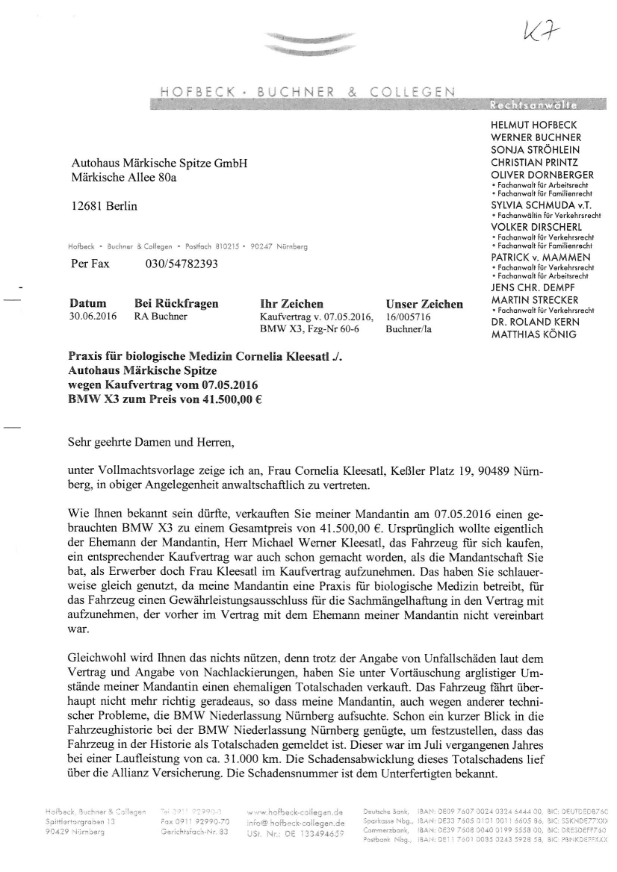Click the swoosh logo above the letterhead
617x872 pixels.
pos(285,43)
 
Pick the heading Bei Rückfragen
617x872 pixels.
pos(176,304)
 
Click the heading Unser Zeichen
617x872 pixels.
pos(424,304)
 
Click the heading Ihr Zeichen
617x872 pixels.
pos(291,304)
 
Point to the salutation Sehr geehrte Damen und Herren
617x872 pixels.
pos(152,443)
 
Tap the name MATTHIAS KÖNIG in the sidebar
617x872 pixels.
pos(533,335)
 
